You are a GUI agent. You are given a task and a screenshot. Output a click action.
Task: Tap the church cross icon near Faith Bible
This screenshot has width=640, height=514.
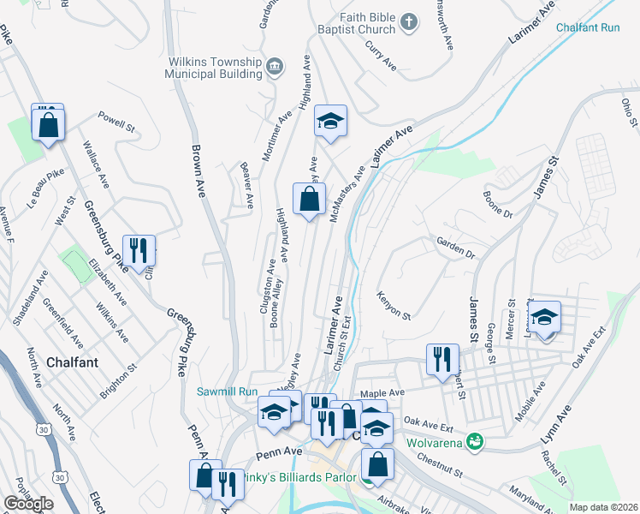(409, 21)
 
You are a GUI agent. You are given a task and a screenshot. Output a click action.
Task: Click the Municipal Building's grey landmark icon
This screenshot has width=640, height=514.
(275, 66)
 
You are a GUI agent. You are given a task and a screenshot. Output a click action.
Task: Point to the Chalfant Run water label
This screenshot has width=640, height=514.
(587, 27)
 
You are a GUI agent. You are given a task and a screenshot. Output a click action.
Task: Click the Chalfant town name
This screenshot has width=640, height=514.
(73, 362)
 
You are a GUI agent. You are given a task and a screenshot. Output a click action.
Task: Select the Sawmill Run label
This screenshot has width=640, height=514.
(227, 391)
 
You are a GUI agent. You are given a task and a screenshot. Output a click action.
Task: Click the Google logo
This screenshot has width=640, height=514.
(28, 503)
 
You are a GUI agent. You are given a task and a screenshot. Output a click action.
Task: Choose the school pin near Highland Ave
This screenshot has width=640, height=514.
(330, 121)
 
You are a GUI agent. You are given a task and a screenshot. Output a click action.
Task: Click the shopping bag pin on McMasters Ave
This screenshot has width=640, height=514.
(309, 200)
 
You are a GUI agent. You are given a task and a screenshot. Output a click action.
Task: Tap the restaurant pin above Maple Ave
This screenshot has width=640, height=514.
(441, 360)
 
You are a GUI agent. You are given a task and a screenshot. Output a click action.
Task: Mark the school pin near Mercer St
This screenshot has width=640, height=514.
(543, 318)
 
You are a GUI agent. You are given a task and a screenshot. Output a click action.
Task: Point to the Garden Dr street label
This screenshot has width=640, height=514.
(455, 248)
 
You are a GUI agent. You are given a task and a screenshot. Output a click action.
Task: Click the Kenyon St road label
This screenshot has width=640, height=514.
(394, 306)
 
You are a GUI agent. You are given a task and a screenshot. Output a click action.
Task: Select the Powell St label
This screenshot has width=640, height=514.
(116, 121)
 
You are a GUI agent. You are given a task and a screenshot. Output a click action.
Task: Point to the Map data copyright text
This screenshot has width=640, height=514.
(602, 507)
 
